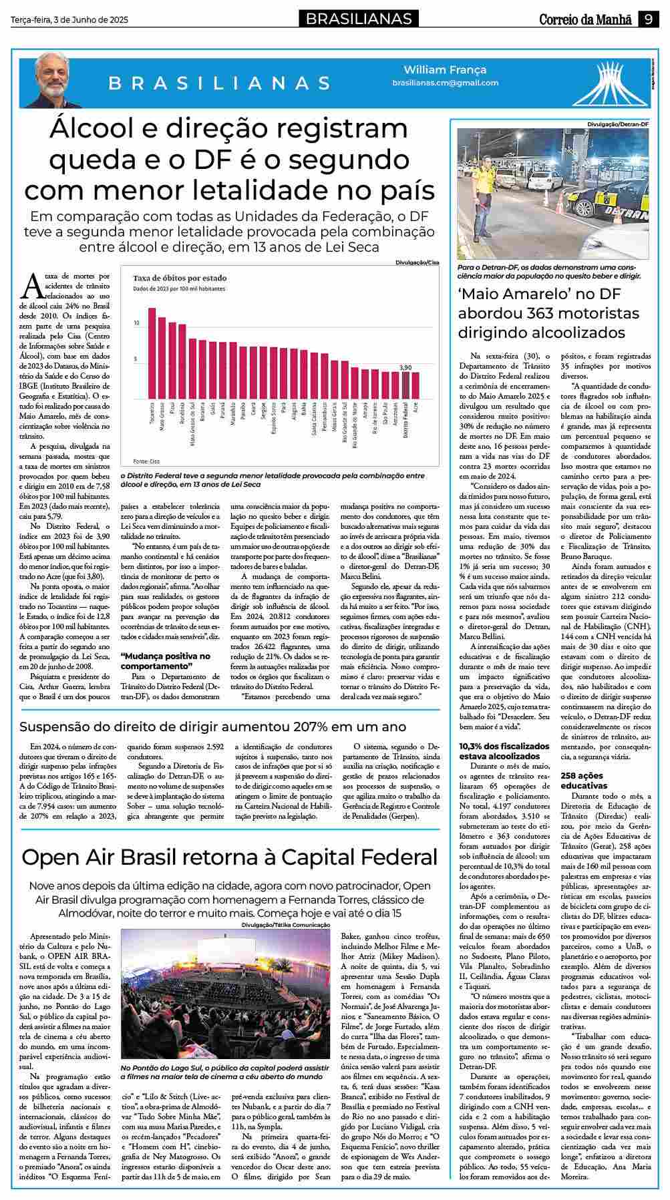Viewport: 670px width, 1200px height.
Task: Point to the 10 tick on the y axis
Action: [137, 323]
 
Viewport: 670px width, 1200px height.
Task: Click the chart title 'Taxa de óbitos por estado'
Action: [180, 278]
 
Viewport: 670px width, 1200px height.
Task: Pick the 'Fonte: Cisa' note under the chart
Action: [146, 461]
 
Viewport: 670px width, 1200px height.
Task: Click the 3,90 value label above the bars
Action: [405, 367]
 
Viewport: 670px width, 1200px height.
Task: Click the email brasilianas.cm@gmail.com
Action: [445, 83]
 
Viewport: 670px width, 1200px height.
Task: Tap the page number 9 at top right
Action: [648, 19]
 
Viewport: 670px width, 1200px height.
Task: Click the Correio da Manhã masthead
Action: [585, 19]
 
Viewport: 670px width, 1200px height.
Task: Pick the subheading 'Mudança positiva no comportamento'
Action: [165, 661]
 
